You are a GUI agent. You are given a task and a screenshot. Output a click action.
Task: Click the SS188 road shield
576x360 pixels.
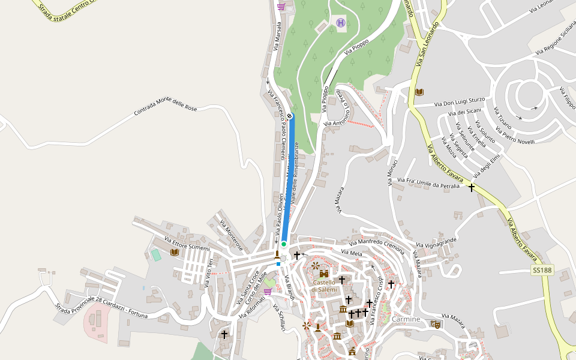tap(541, 271)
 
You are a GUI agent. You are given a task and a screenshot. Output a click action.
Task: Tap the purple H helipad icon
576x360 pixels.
tap(341, 23)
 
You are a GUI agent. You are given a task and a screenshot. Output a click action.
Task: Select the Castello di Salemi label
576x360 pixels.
tap(324, 286)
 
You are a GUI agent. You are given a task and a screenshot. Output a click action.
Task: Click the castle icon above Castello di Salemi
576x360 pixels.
tap(324, 274)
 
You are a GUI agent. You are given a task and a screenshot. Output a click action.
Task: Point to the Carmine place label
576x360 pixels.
tap(406, 319)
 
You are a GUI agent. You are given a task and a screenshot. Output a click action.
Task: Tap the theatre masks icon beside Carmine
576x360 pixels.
tap(436, 324)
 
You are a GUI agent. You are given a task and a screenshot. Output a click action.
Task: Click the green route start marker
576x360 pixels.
tap(284, 244)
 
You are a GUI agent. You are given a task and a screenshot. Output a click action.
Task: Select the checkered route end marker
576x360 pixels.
tap(290, 115)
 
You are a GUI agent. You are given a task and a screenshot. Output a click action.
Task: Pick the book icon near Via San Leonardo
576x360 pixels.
tap(419, 92)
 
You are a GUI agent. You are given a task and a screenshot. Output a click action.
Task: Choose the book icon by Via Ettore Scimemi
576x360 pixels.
tap(175, 253)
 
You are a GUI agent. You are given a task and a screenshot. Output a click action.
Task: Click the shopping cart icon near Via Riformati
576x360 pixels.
tap(267, 292)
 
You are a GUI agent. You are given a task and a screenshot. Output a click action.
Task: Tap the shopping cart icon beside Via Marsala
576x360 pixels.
tap(281, 7)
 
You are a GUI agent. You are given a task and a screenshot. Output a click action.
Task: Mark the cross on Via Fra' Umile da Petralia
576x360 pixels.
tap(472, 188)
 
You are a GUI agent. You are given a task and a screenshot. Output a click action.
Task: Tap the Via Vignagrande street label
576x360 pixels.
tap(436, 244)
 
